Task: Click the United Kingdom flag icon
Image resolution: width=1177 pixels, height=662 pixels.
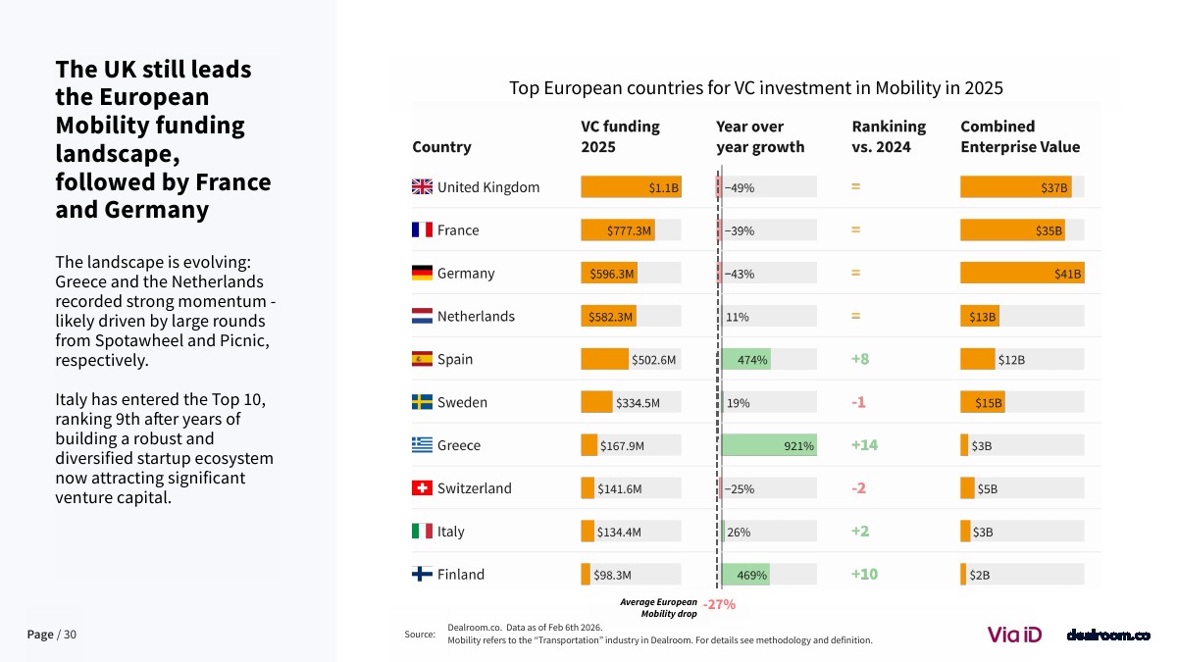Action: (x=422, y=187)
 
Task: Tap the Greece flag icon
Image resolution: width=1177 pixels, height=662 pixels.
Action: (x=422, y=445)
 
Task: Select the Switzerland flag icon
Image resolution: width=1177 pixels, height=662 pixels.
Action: (x=422, y=488)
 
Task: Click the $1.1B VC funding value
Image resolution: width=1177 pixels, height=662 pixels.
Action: (x=663, y=187)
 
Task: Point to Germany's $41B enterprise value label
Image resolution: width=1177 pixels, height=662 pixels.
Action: (x=1067, y=274)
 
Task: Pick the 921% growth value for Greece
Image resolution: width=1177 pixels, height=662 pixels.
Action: (x=798, y=446)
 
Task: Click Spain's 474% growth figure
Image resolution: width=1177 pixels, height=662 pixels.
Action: (x=753, y=360)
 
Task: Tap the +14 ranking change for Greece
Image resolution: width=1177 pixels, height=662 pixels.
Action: (x=864, y=445)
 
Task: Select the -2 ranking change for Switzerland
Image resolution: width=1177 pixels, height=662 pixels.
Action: (x=858, y=488)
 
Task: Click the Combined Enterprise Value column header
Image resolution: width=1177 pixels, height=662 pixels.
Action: (x=1020, y=136)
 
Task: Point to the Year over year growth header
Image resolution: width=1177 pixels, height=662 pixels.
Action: (x=760, y=136)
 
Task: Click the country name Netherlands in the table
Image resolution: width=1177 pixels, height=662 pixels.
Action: (x=476, y=317)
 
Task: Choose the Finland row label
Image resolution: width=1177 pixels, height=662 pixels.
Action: (x=460, y=575)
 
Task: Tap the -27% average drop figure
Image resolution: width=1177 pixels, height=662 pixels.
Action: (x=719, y=605)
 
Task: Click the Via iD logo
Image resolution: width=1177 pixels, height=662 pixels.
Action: (x=1014, y=635)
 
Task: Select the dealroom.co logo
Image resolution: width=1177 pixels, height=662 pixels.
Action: (x=1107, y=636)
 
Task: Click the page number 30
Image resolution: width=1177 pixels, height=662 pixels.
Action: (x=70, y=635)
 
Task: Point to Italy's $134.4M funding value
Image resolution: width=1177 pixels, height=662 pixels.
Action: (x=619, y=533)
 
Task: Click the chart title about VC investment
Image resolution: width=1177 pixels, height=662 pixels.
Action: (x=755, y=88)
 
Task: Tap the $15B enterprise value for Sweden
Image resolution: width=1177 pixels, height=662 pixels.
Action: (x=988, y=403)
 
